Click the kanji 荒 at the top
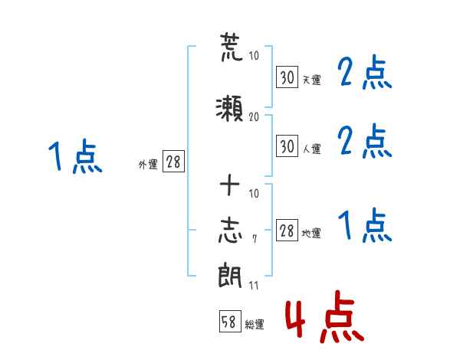(x=232, y=47)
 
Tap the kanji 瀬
(x=230, y=109)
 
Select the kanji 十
(x=230, y=185)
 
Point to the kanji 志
(x=230, y=231)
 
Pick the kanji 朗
(x=230, y=275)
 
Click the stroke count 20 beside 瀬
(x=254, y=117)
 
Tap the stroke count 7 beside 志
(x=255, y=239)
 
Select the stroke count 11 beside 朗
(x=254, y=285)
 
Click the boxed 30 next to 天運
(x=287, y=77)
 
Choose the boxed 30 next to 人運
(x=287, y=146)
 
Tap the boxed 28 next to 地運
(x=287, y=230)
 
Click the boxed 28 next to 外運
(x=173, y=161)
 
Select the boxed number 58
(x=230, y=321)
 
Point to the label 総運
(x=255, y=325)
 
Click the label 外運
(x=148, y=165)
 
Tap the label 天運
(x=312, y=80)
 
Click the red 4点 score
(x=325, y=316)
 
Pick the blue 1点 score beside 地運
(x=365, y=225)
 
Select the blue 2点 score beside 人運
(x=365, y=141)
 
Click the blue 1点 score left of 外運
(x=75, y=156)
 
